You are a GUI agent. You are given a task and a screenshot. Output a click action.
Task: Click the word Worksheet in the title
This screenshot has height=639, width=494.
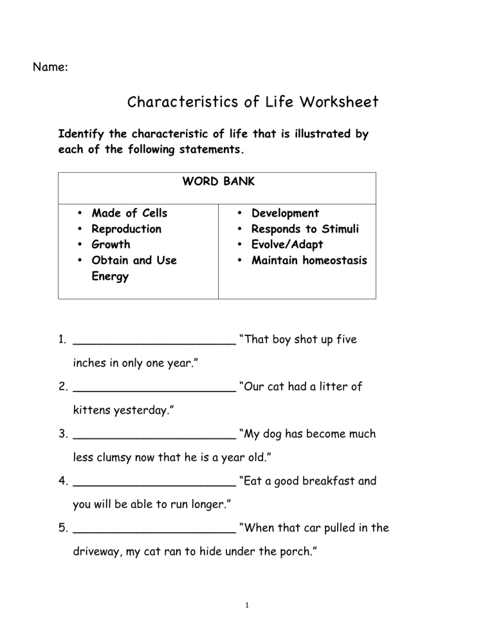pos(338,102)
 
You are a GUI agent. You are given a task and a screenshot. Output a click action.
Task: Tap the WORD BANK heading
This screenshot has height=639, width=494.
pos(218,182)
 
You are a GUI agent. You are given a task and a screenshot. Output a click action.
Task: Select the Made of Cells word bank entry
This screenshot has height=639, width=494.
pos(129,213)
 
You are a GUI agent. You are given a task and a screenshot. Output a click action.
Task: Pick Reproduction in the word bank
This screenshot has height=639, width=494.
pos(127,229)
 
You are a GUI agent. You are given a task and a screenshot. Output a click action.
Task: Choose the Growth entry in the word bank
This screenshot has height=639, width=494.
pos(111,244)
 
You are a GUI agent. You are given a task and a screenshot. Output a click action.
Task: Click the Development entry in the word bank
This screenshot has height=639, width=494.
pos(285,213)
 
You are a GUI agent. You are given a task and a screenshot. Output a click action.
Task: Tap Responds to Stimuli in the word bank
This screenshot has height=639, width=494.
pos(305,229)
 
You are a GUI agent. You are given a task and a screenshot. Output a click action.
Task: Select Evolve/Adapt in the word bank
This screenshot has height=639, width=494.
pos(288,244)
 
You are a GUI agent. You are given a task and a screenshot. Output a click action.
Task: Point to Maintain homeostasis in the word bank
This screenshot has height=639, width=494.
pos(309,260)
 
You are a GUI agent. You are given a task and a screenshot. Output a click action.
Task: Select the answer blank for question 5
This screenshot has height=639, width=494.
pos(154,529)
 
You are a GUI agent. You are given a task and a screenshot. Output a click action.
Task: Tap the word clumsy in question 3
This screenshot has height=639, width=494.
pos(116,457)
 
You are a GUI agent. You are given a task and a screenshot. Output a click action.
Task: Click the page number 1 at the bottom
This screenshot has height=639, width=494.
pos(247,605)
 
